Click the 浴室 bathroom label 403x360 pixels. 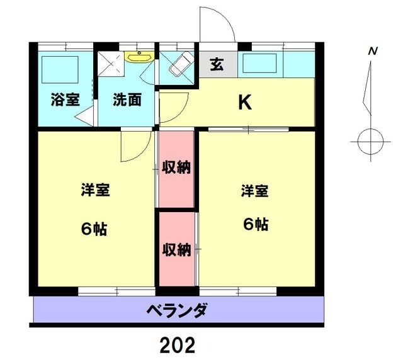click(x=65, y=99)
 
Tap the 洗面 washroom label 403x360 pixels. click(x=127, y=99)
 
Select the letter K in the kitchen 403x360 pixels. click(x=244, y=103)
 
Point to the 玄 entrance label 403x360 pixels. click(x=217, y=64)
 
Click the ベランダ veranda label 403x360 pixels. click(x=177, y=310)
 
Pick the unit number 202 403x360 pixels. click(x=177, y=344)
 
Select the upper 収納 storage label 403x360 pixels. click(x=176, y=167)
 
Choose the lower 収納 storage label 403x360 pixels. click(x=176, y=249)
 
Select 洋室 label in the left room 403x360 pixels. click(x=95, y=190)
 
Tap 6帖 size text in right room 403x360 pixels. click(x=256, y=224)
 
